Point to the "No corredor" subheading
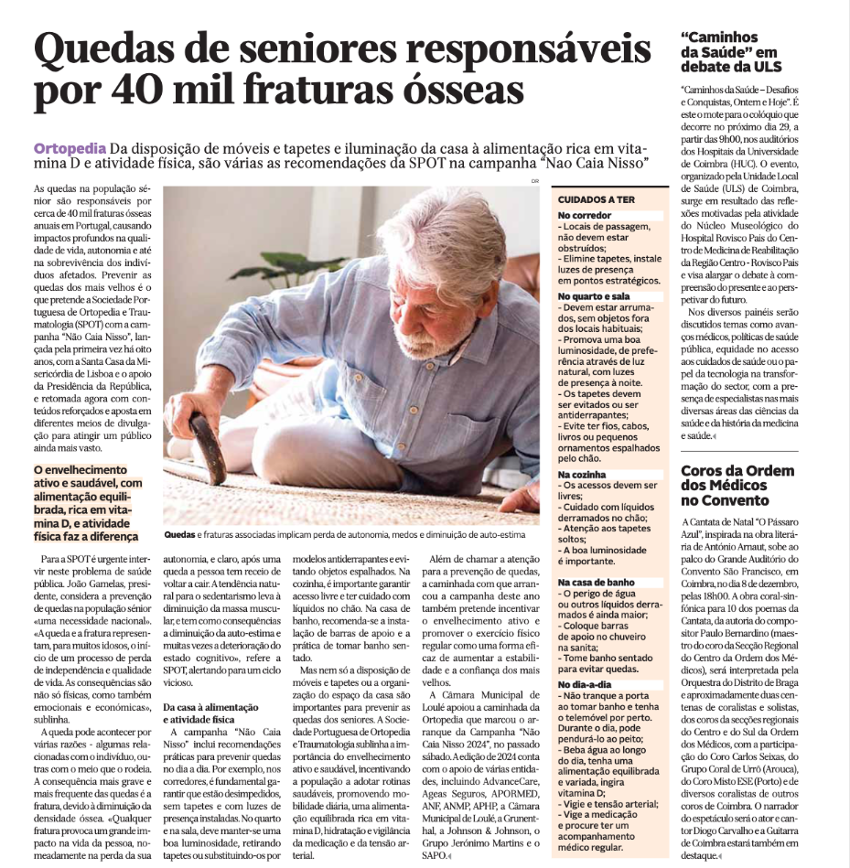coord(585,216)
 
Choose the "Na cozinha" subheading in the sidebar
coord(582,475)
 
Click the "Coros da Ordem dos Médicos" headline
coord(737,485)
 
